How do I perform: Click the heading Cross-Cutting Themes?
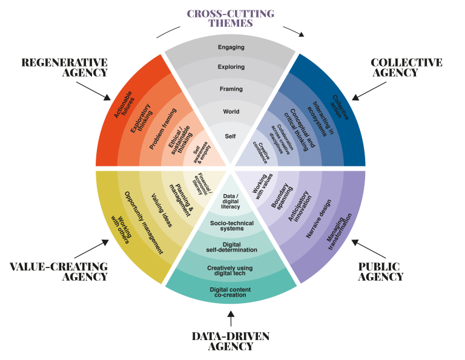[230, 18]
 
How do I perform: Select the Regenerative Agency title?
[65, 68]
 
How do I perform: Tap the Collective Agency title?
[406, 68]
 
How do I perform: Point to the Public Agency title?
[380, 272]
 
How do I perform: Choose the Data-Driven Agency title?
[230, 341]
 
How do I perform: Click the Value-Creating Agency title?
[59, 272]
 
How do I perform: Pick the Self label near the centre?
[230, 136]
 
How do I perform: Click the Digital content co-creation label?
[231, 292]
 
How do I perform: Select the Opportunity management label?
[143, 221]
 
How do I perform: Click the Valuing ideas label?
[162, 210]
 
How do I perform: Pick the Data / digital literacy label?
[231, 201]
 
